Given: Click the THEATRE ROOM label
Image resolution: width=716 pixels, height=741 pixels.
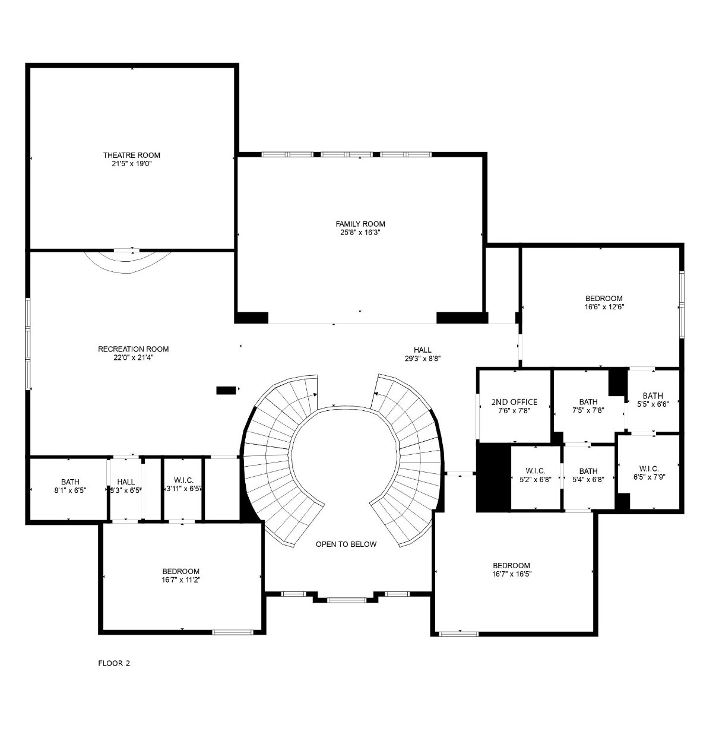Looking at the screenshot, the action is [x=131, y=155].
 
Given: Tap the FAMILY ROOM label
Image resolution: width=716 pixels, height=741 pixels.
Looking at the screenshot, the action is [x=360, y=224].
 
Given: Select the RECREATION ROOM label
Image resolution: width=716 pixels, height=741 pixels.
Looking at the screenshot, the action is [x=133, y=349].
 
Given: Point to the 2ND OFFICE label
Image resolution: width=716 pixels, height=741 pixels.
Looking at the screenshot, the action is [x=514, y=402].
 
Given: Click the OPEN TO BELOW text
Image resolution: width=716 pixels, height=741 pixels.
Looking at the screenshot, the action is [x=346, y=544].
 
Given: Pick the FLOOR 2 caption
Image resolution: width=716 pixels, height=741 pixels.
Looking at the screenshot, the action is [x=114, y=663].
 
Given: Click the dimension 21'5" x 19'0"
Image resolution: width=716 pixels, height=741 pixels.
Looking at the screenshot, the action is [x=132, y=164].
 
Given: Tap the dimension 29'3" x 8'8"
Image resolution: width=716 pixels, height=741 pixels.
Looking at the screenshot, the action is [x=423, y=358].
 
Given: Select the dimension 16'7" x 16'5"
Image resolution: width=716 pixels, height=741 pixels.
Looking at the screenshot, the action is [x=511, y=574].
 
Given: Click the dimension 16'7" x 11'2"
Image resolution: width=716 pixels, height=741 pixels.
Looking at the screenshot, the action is [x=181, y=580].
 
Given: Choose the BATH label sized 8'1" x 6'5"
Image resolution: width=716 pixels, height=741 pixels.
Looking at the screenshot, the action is [x=71, y=482].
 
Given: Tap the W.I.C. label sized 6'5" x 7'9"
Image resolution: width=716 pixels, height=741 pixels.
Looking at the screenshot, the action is [x=649, y=468].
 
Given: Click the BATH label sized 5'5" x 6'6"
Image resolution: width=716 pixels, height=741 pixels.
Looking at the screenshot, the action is [x=653, y=395].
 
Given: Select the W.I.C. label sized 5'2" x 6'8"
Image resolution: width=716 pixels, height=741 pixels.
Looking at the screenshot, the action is [x=535, y=471].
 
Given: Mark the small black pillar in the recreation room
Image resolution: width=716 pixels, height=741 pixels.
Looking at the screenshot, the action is [x=226, y=390].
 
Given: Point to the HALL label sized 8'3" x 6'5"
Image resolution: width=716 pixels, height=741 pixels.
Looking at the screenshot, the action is [x=126, y=482].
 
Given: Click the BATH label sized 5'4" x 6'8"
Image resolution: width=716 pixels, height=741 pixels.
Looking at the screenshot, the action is [x=588, y=471].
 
